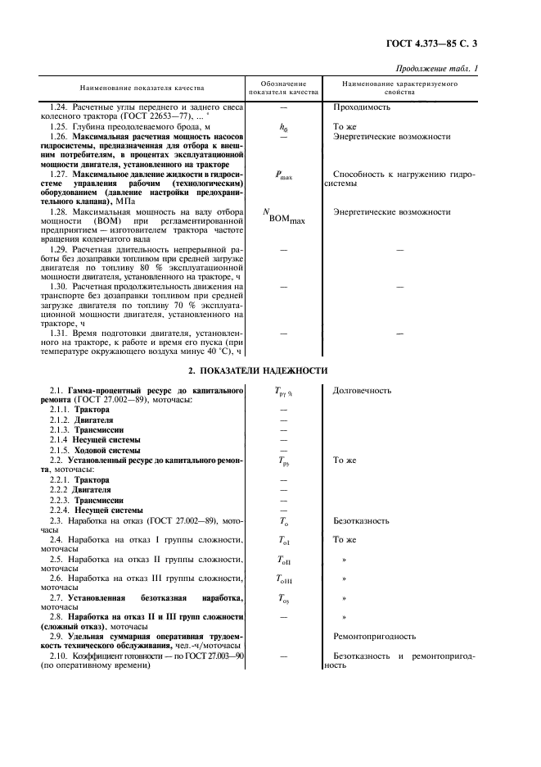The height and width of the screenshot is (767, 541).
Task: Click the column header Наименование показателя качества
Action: click(x=142, y=87)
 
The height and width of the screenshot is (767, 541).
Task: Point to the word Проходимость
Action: click(x=362, y=107)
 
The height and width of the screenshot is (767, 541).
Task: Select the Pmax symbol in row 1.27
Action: click(x=284, y=175)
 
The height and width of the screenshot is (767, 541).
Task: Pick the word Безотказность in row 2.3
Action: click(x=361, y=521)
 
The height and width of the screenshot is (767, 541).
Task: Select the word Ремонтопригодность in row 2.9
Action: click(x=374, y=636)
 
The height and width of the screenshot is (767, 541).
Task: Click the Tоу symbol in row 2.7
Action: click(x=283, y=599)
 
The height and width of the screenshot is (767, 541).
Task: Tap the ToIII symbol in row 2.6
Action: click(x=284, y=579)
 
